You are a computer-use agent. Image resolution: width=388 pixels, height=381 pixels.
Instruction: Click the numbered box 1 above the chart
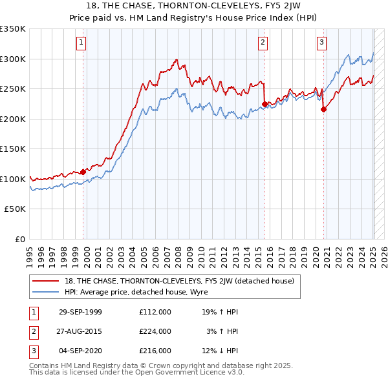(x=82, y=43)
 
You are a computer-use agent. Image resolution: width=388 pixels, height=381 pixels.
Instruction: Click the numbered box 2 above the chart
(x=263, y=43)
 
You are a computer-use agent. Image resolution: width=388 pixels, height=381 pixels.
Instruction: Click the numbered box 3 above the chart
(x=321, y=43)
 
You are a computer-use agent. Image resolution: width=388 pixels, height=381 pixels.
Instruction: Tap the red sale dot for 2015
(x=264, y=103)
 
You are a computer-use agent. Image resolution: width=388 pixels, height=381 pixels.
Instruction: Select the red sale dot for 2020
(x=323, y=109)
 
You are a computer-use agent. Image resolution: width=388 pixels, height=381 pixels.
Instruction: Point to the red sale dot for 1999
(x=83, y=172)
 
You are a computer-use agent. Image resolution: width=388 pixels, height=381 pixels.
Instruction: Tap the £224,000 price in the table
(x=155, y=331)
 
